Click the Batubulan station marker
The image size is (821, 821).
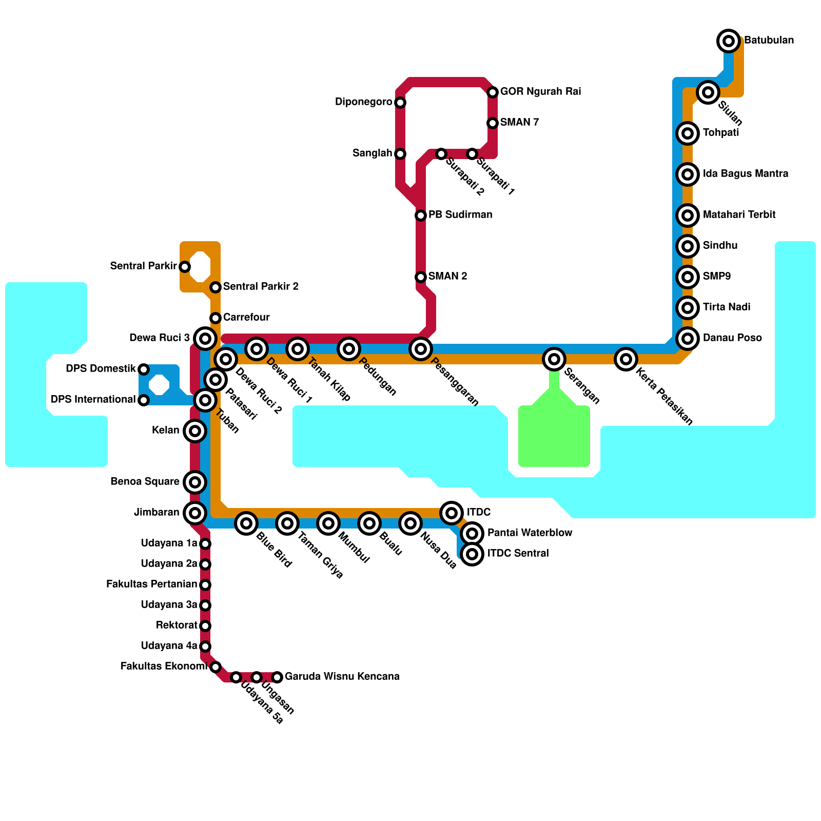click(x=729, y=41)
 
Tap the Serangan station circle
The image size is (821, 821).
click(x=554, y=359)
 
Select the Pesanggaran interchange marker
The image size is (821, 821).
click(x=421, y=349)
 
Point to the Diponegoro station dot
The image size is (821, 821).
click(x=400, y=103)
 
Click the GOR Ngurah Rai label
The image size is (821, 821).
click(x=540, y=92)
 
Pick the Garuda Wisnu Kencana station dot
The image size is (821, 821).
click(x=277, y=677)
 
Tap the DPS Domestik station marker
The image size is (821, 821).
click(x=144, y=369)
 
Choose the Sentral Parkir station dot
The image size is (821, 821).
click(x=185, y=266)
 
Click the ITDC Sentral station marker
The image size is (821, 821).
click(x=472, y=554)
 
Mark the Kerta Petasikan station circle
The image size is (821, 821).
click(x=626, y=359)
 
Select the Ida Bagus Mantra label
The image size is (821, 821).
click(x=745, y=174)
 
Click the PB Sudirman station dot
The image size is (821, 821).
click(x=421, y=215)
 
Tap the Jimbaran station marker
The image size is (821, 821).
click(x=195, y=513)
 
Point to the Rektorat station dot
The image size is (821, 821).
click(x=205, y=625)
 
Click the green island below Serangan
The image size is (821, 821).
click(x=554, y=436)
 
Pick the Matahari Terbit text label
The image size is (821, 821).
click(x=739, y=215)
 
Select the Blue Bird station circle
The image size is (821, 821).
click(x=246, y=523)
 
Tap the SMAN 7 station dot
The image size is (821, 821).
click(x=493, y=123)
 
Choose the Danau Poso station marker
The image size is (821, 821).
click(x=688, y=338)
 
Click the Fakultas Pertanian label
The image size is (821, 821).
click(x=151, y=584)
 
